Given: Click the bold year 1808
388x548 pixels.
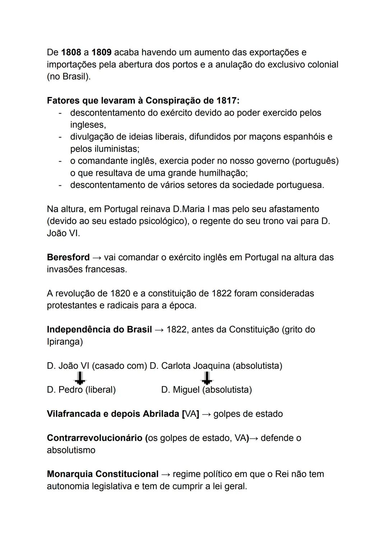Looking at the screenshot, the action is tap(71, 52).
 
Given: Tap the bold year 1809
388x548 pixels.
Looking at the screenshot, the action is tap(101, 52).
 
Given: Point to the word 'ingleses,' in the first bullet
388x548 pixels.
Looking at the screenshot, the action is tap(88, 125).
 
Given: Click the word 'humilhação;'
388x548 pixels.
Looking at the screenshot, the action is tap(221, 173).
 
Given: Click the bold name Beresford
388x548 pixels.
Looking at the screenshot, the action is tap(68, 257).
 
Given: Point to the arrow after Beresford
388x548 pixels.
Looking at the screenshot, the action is tap(97, 258).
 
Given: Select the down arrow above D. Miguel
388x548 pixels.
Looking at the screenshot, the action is tap(206, 378).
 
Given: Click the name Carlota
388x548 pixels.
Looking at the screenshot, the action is tap(176, 366).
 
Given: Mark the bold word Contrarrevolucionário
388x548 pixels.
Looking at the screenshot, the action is tap(94, 438).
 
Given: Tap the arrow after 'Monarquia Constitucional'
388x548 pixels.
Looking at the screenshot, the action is tap(166, 474).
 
